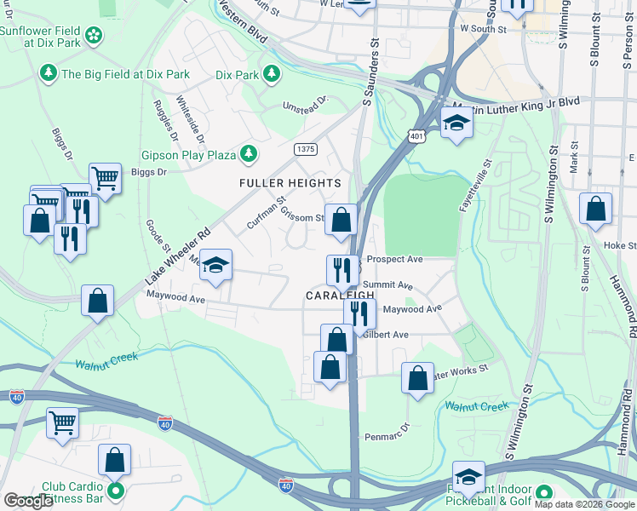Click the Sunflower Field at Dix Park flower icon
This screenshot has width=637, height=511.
click(x=94, y=35)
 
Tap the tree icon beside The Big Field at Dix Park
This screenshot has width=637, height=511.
click(x=48, y=74)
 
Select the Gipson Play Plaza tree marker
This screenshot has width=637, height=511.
click(x=248, y=154)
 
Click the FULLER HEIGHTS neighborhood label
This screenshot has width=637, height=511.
click(x=290, y=183)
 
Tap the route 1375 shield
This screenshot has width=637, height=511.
click(x=305, y=149)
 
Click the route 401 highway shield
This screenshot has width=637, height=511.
click(x=416, y=135)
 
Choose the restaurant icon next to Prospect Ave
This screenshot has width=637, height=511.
click(x=342, y=270)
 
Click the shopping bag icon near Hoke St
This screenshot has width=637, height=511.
click(x=595, y=208)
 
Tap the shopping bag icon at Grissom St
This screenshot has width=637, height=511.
click(x=341, y=221)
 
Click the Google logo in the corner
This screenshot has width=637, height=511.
click(x=29, y=501)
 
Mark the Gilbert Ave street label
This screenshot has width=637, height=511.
click(x=387, y=335)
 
